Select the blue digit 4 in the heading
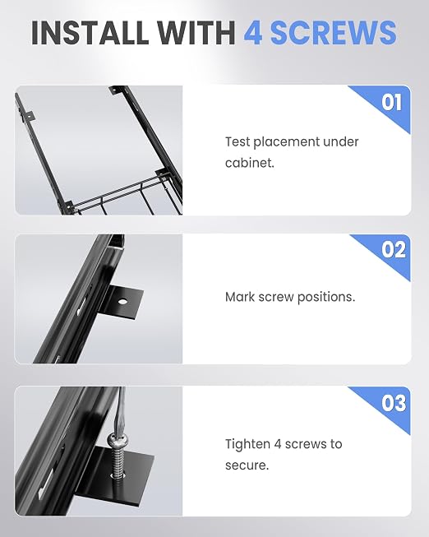[x=253, y=33]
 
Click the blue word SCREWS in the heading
[x=334, y=33]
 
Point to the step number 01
[x=391, y=102]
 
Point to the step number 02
[x=394, y=250]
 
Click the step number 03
[x=394, y=403]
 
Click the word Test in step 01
[x=238, y=141]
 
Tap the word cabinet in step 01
[x=250, y=163]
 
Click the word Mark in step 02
[x=240, y=297]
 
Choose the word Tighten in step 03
[x=247, y=444]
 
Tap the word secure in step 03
[x=247, y=465]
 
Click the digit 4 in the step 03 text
[x=277, y=444]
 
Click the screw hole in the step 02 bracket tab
[x=122, y=302]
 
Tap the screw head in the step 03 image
[x=117, y=439]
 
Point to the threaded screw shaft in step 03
[x=118, y=459]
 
